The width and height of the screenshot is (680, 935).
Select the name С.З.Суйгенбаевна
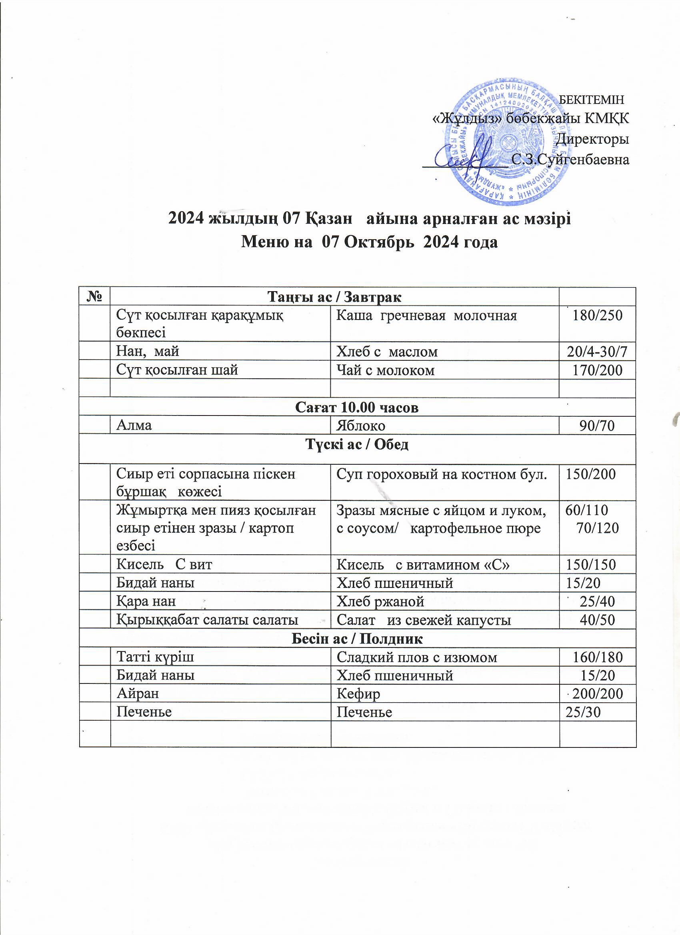[570, 160]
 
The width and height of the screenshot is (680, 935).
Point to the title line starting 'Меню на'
[369, 242]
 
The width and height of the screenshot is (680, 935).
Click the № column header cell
[95, 296]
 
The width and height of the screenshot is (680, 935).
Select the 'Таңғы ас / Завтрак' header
[334, 296]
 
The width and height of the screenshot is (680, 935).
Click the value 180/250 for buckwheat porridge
[598, 316]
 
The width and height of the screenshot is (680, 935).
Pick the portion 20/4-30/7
[598, 352]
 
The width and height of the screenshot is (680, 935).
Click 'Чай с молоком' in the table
[386, 370]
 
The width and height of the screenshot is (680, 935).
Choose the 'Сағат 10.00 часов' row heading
[357, 407]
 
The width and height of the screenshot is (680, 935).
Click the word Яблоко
[361, 426]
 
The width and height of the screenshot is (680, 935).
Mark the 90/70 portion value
[597, 426]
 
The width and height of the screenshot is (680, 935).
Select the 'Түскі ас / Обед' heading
[357, 444]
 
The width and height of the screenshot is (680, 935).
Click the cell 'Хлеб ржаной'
[380, 601]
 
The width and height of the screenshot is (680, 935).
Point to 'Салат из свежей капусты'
[424, 620]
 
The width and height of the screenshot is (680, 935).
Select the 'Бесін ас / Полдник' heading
[357, 639]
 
